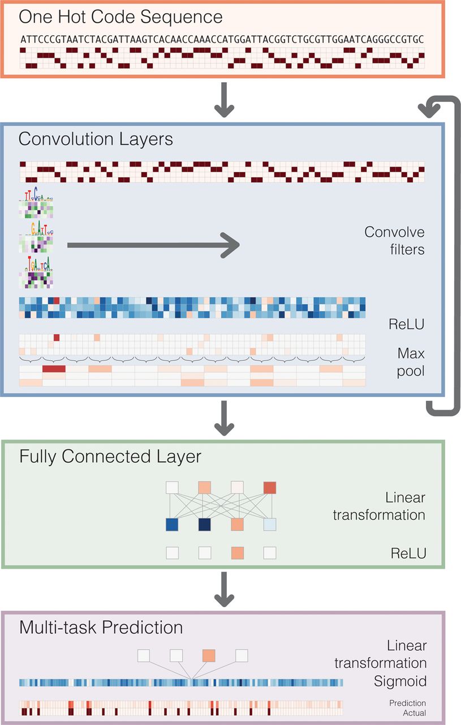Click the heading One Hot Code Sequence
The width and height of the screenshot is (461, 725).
pyautogui.click(x=120, y=17)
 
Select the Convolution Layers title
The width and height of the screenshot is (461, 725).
pyautogui.click(x=96, y=139)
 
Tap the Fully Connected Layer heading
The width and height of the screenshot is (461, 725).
pyautogui.click(x=110, y=457)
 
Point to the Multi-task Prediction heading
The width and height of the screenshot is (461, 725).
pyautogui.click(x=101, y=628)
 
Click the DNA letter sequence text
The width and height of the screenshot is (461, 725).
pyautogui.click(x=222, y=40)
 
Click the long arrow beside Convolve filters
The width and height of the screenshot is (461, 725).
pyautogui.click(x=153, y=245)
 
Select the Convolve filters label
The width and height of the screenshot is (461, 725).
pyautogui.click(x=394, y=240)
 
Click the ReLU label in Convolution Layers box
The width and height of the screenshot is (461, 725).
pyautogui.click(x=407, y=324)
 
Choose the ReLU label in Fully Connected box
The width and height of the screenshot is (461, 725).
pyautogui.click(x=408, y=553)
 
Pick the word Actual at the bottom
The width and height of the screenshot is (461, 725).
pyautogui.click(x=415, y=713)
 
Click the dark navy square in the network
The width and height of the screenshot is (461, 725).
pyautogui.click(x=205, y=524)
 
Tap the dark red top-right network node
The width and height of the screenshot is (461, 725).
pyautogui.click(x=270, y=487)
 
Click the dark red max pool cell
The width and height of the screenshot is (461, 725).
pyautogui.click(x=54, y=369)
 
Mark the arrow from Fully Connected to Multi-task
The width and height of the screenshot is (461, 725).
pyautogui.click(x=225, y=588)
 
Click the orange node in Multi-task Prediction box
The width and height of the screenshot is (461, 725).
pyautogui.click(x=209, y=655)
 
